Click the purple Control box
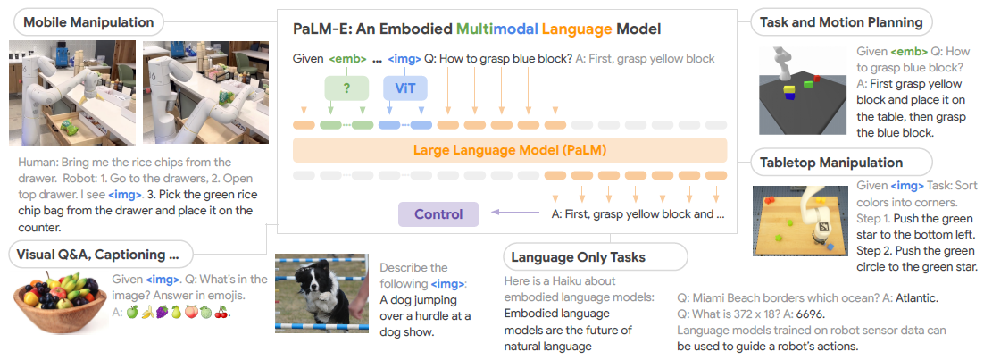[438, 214]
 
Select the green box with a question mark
[346, 88]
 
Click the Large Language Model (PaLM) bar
[509, 149]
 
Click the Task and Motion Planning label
[840, 21]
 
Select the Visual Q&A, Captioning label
[99, 254]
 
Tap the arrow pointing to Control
[513, 213]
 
